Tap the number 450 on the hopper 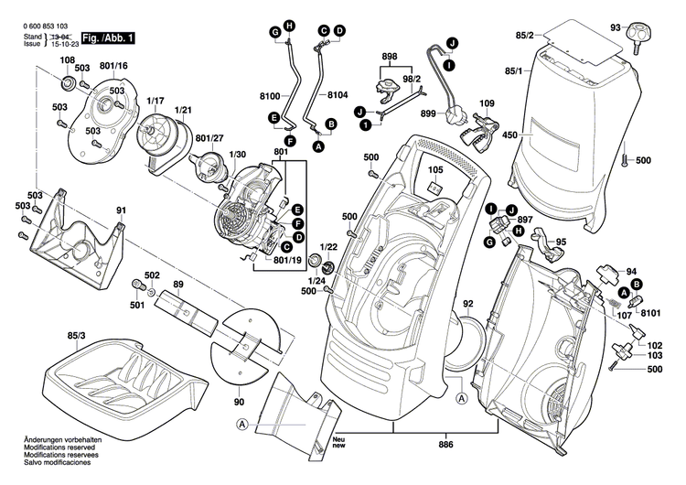click(x=509, y=135)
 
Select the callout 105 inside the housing click(x=434, y=171)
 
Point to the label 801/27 click(x=212, y=137)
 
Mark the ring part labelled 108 click(x=67, y=83)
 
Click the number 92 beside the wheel click(x=468, y=304)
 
